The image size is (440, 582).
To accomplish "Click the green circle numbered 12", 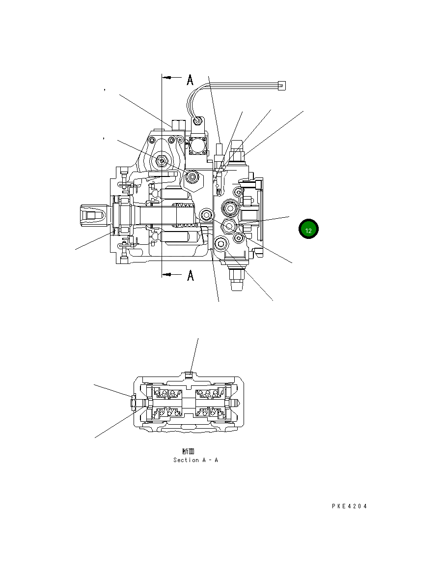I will tap(308, 230).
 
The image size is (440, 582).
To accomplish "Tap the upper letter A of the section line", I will tap(190, 80).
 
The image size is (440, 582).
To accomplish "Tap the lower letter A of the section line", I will tap(190, 276).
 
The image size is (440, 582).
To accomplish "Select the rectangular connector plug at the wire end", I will tap(281, 86).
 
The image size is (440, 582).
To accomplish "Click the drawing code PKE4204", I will tap(349, 506).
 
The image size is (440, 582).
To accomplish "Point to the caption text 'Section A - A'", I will tap(195, 460).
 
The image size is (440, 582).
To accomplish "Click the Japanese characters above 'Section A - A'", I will tap(188, 451).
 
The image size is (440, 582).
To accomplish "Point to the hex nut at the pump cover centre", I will tap(161, 160).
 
